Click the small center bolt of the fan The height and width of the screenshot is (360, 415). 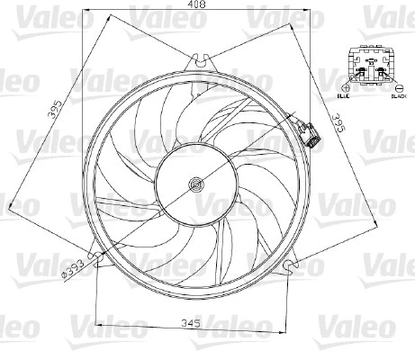[195, 186]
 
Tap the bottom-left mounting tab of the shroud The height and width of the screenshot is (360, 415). [100, 264]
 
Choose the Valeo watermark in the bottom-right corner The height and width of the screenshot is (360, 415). [389, 328]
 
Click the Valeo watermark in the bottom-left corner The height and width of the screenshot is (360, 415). [20, 328]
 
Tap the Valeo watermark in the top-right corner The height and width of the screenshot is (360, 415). [389, 12]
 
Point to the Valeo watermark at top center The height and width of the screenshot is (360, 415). [158, 12]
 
